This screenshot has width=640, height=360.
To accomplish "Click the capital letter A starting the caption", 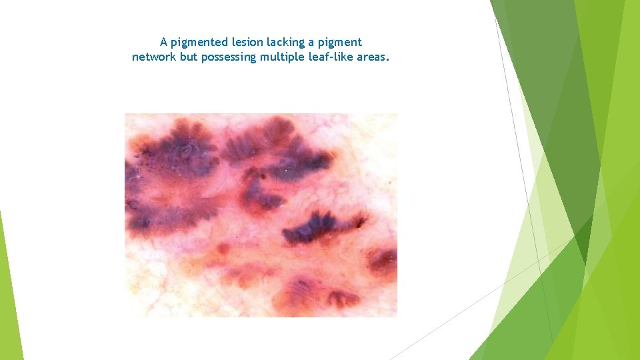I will (164, 43).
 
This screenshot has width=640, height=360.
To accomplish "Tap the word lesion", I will (243, 43).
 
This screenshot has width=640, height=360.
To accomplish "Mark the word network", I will (154, 57).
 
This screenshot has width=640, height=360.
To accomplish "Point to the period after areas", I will (387, 60).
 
